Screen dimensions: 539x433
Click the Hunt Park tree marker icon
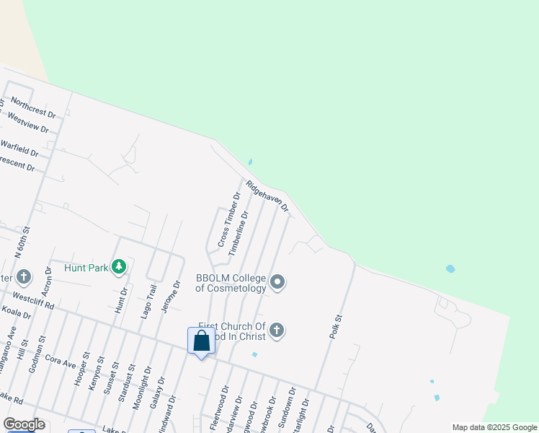click(119, 267)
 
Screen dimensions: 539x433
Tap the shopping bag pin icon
click(202, 341)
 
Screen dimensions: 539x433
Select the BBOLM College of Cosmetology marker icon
click(277, 283)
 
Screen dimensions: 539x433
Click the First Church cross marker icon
click(276, 331)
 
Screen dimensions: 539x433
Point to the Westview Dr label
click(27, 124)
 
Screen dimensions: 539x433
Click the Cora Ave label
click(60, 360)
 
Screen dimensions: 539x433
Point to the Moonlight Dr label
click(143, 388)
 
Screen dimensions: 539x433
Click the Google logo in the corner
click(24, 424)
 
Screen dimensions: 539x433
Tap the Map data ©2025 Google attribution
click(494, 427)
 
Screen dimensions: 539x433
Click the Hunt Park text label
click(86, 268)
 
